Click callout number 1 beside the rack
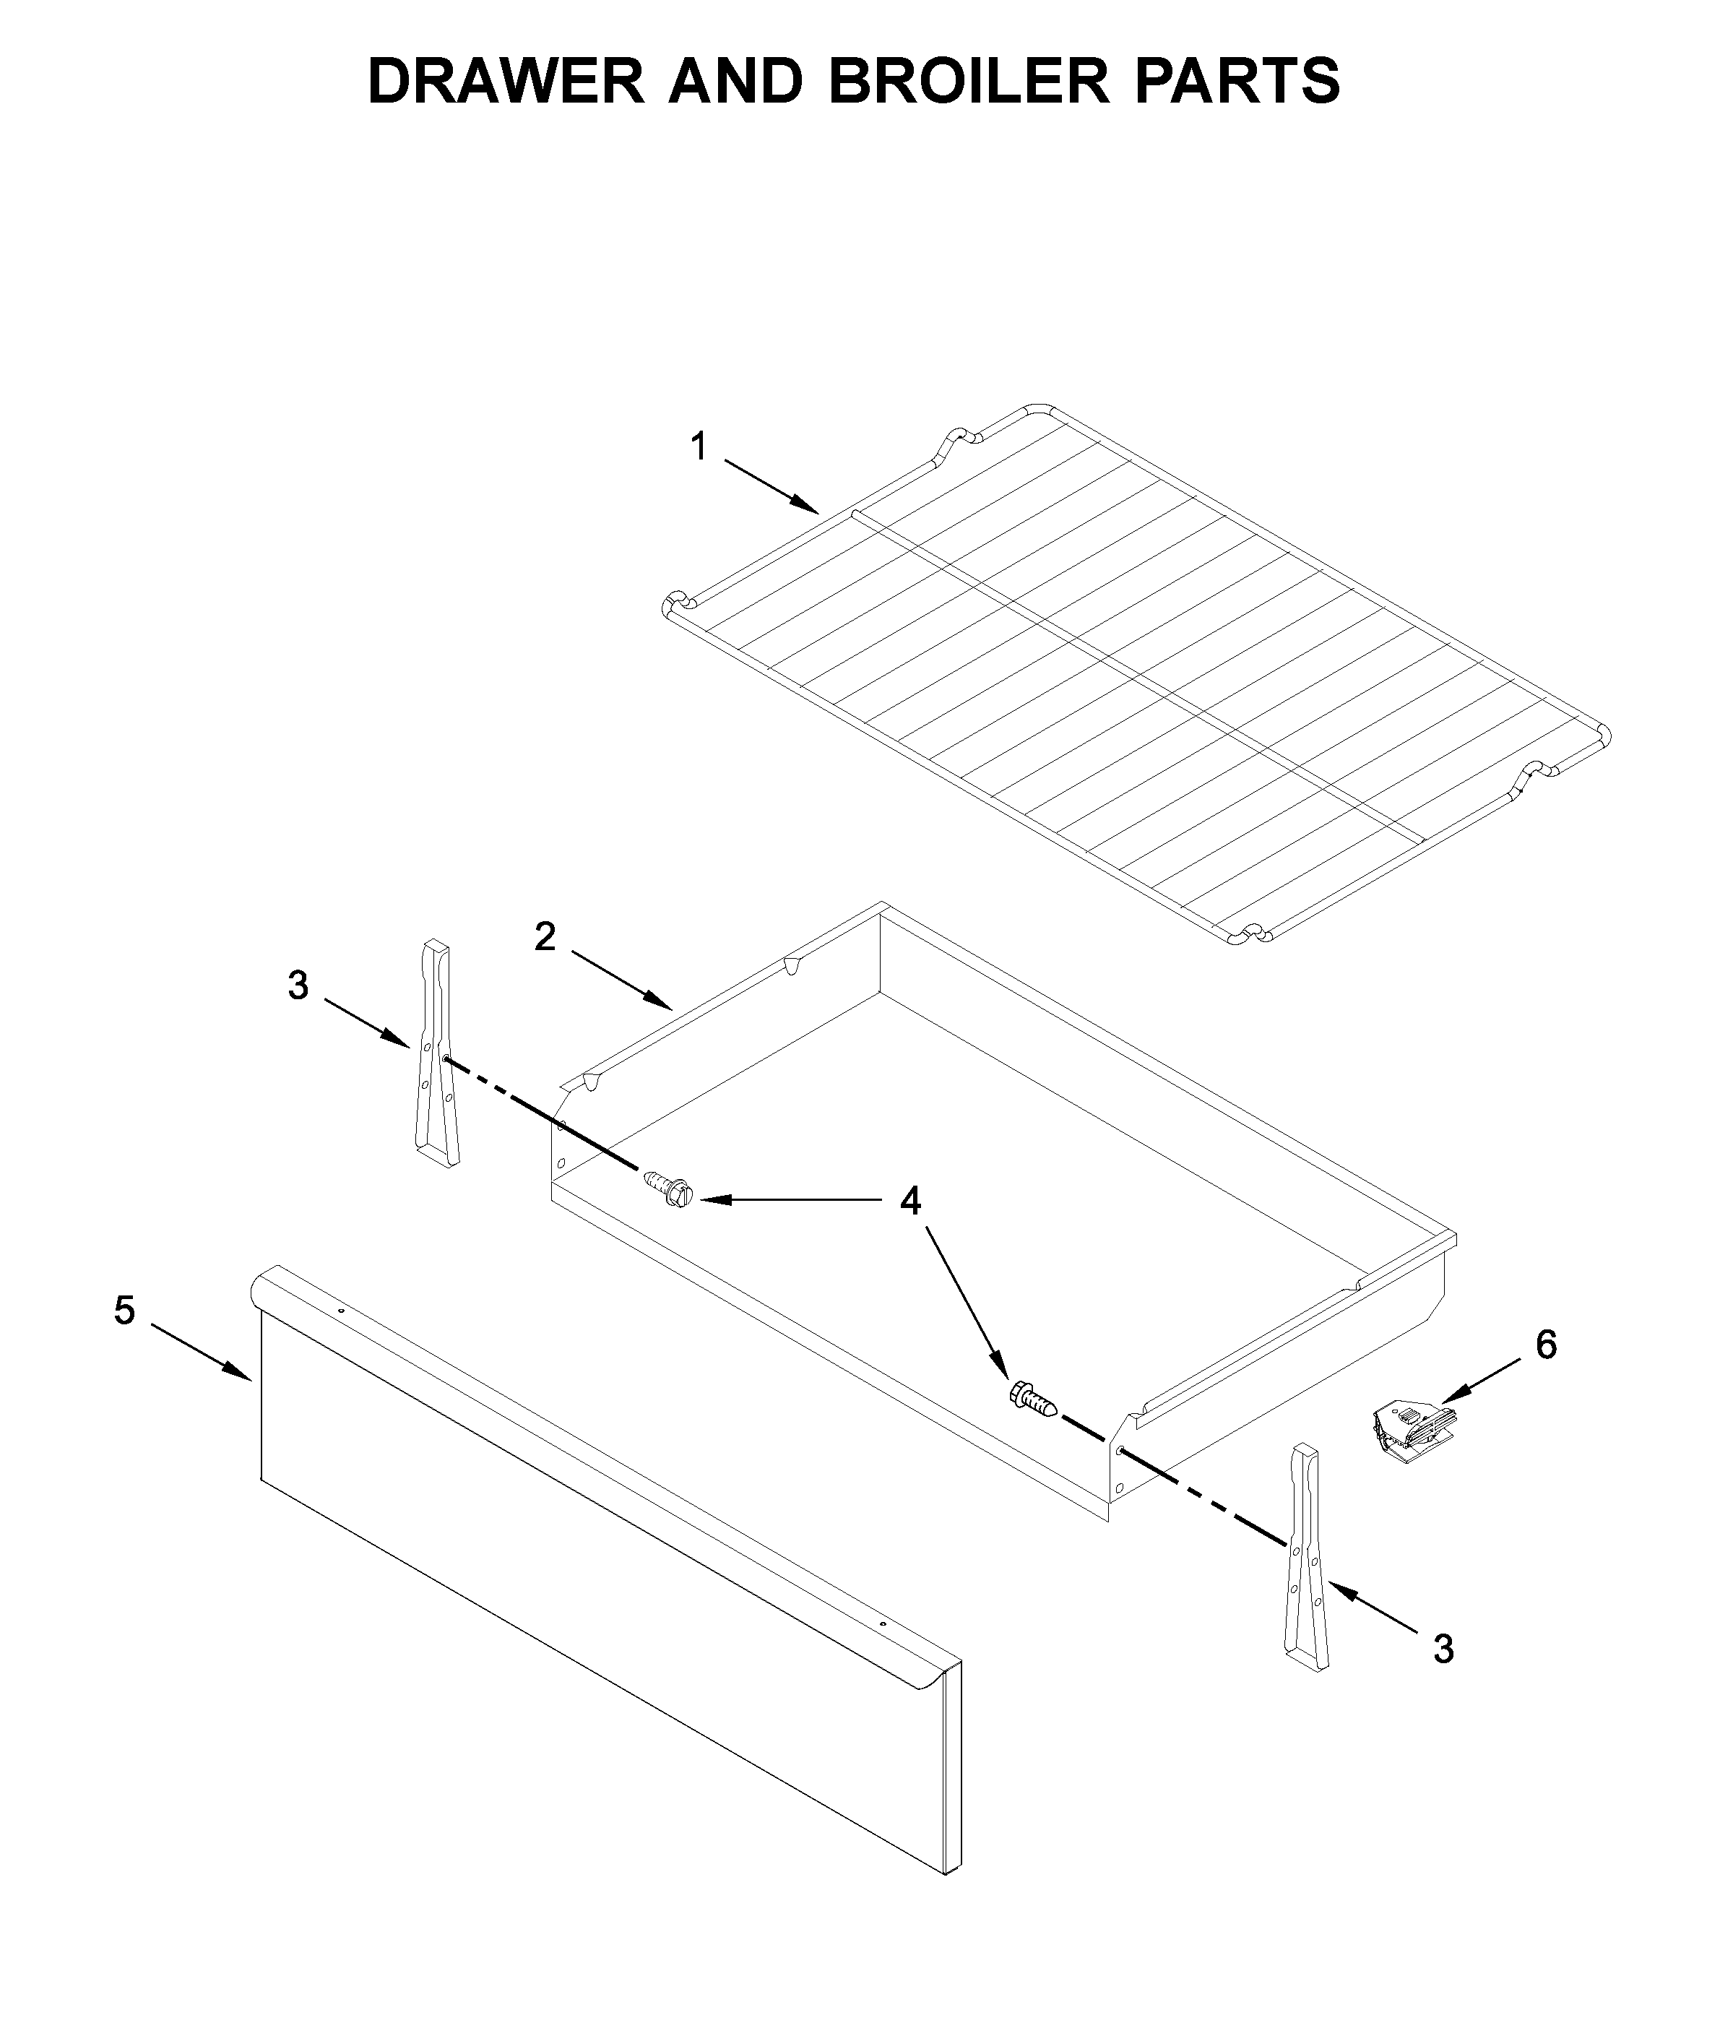point(698,447)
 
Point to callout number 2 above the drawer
point(545,937)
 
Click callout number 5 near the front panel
point(124,1311)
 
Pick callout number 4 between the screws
point(909,1201)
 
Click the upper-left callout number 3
point(298,985)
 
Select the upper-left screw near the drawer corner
point(669,1191)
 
